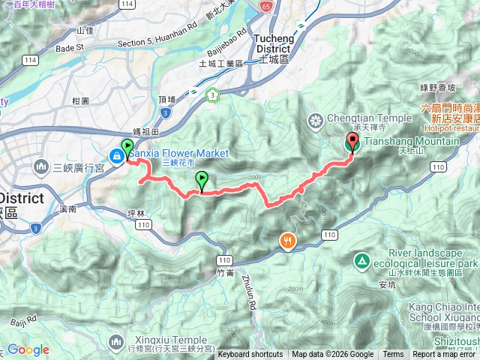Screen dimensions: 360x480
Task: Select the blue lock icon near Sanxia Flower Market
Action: [x=118, y=156]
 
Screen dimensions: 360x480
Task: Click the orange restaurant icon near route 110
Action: [x=288, y=241]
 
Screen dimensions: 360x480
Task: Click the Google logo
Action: [x=28, y=349]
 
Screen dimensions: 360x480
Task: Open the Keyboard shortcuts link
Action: [x=250, y=355]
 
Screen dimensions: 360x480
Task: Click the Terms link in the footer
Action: [x=393, y=355]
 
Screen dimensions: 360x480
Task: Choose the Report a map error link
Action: [x=445, y=355]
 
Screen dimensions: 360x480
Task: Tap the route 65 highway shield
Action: [x=268, y=5]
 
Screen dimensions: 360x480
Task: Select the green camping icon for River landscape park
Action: [x=361, y=262]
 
